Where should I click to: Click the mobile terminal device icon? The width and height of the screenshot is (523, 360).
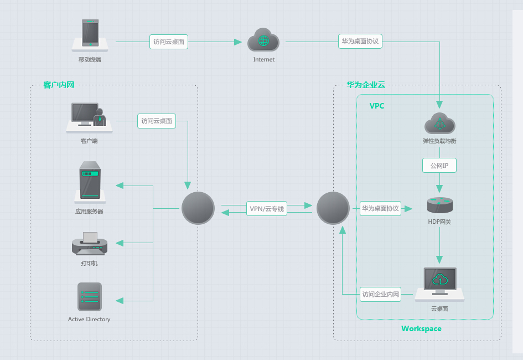pyautogui.click(x=90, y=34)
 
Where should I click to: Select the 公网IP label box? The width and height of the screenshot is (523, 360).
pyautogui.click(x=439, y=166)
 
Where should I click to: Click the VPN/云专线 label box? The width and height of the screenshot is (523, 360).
pyautogui.click(x=267, y=209)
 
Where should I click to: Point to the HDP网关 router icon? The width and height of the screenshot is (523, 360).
pyautogui.click(x=440, y=205)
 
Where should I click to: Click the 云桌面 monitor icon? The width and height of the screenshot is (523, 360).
pyautogui.click(x=440, y=283)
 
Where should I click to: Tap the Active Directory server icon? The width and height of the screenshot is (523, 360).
pyautogui.click(x=89, y=297)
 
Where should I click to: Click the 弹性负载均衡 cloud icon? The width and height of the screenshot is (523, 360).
pyautogui.click(x=439, y=124)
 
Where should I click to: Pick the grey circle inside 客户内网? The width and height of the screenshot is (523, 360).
pyautogui.click(x=198, y=208)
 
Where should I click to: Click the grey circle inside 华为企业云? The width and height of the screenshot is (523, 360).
pyautogui.click(x=333, y=208)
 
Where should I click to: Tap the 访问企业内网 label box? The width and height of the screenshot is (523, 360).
pyautogui.click(x=380, y=294)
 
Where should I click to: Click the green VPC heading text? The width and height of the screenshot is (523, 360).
pyautogui.click(x=377, y=105)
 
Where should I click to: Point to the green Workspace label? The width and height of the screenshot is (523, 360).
pyautogui.click(x=421, y=328)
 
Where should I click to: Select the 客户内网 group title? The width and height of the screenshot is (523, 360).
pyautogui.click(x=59, y=85)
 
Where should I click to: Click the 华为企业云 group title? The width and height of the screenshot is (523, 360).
pyautogui.click(x=366, y=85)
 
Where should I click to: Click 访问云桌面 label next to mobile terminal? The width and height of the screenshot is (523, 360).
pyautogui.click(x=169, y=42)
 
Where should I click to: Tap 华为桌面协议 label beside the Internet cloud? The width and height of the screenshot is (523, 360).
pyautogui.click(x=360, y=41)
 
